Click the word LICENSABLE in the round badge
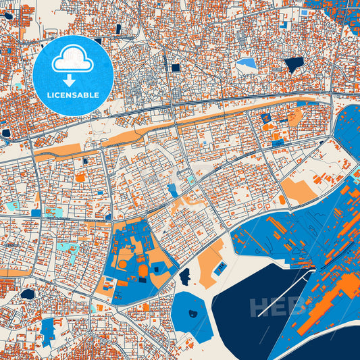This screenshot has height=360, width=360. (73, 95)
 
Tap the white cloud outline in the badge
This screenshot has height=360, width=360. (72, 61)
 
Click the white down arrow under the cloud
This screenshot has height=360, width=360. (72, 80)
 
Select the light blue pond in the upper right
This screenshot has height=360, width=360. (247, 64)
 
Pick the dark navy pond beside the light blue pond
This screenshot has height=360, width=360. (293, 65)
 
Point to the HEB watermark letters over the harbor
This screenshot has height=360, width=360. (277, 307)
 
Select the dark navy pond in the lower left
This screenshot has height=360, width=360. (28, 294)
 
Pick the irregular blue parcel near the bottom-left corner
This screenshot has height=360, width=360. (47, 331)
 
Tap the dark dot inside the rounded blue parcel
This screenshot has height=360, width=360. (192, 312)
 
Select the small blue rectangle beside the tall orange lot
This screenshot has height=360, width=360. (220, 268)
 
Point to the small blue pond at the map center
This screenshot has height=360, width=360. (174, 190)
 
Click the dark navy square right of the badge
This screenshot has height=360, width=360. (176, 68)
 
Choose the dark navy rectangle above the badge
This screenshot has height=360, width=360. (119, 28)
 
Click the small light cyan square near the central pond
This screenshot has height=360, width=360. (192, 180)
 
